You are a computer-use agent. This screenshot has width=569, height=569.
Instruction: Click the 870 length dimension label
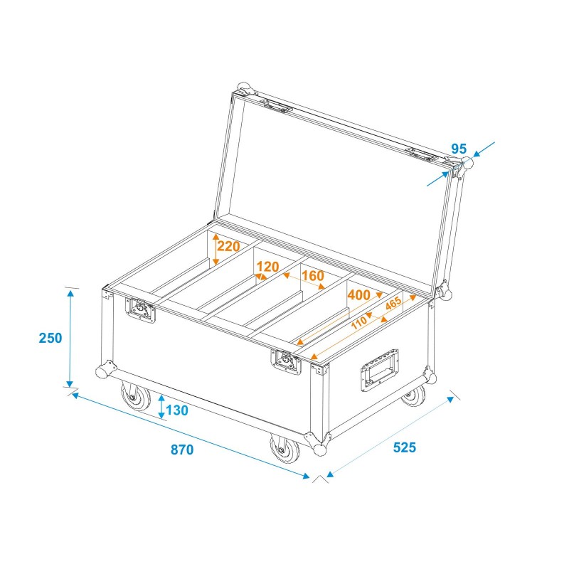pos(182,450)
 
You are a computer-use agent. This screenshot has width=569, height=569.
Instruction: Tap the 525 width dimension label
pos(403,447)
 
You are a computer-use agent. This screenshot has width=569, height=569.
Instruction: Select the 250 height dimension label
pos(50,338)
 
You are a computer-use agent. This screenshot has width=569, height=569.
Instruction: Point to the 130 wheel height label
pos(178,410)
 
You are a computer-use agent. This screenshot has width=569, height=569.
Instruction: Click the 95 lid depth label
pos(459,149)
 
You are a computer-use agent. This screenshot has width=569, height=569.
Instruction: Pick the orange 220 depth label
pos(229,247)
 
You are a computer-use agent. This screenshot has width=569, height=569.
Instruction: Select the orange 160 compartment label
pos(312,276)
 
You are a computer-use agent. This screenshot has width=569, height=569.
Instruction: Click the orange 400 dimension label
pos(358,294)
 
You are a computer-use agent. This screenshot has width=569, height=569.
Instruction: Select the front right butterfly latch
pos(286,361)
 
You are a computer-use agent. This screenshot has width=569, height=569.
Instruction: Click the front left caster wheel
pos(134,398)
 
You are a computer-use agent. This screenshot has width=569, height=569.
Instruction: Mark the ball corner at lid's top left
pos(245,89)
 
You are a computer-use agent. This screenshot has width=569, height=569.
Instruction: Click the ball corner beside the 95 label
pos(467,164)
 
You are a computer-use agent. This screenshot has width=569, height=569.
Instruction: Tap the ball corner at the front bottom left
pos(105,371)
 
